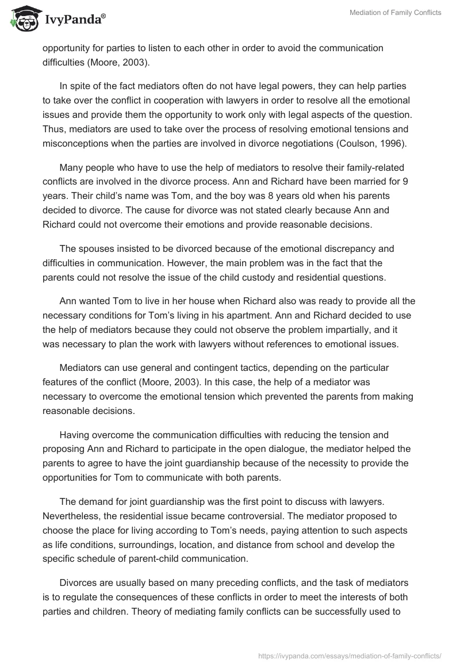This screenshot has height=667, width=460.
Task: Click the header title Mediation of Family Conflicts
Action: click(x=396, y=13)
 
